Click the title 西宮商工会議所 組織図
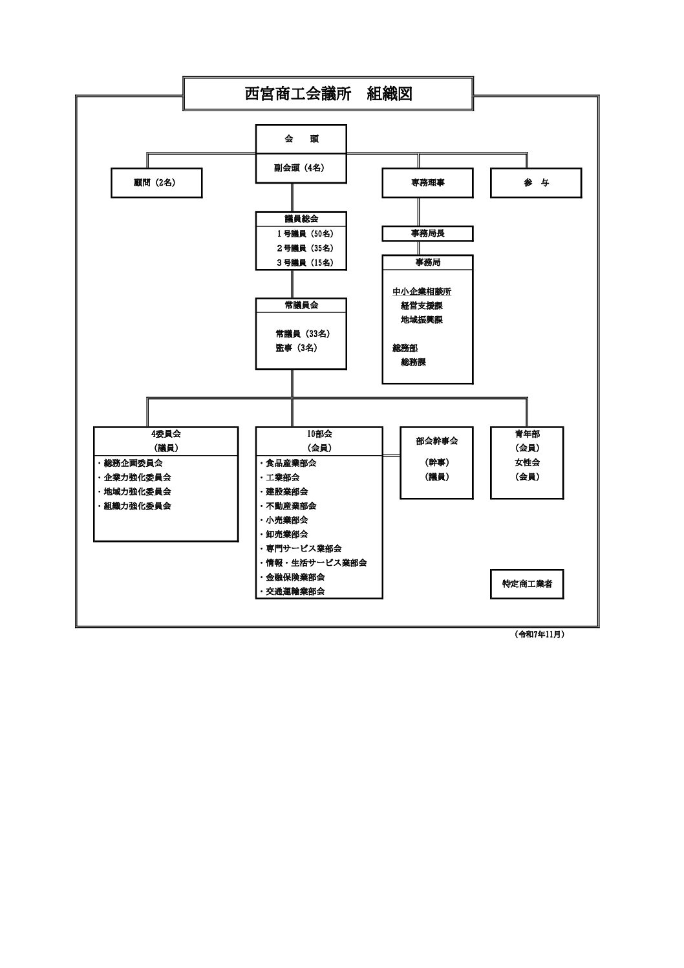pyautogui.click(x=328, y=94)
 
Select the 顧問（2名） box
pyautogui.click(x=156, y=183)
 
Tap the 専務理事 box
pyautogui.click(x=427, y=183)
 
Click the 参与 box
pyautogui.click(x=536, y=183)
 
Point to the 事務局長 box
pyautogui.click(x=427, y=233)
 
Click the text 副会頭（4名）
pyautogui.click(x=301, y=167)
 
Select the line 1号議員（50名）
pyautogui.click(x=305, y=234)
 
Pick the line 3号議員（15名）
pyautogui.click(x=305, y=263)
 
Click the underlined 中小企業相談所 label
pyautogui.click(x=422, y=292)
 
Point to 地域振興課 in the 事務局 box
pyautogui.click(x=422, y=320)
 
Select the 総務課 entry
pyautogui.click(x=413, y=362)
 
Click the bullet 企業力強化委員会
pyautogui.click(x=137, y=477)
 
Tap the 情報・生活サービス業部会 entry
pyautogui.click(x=316, y=563)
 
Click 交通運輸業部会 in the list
pyautogui.click(x=295, y=591)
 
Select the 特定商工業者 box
pyautogui.click(x=527, y=585)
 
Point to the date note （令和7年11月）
pyautogui.click(x=539, y=635)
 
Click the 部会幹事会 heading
pyautogui.click(x=436, y=441)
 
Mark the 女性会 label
pyautogui.click(x=527, y=462)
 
